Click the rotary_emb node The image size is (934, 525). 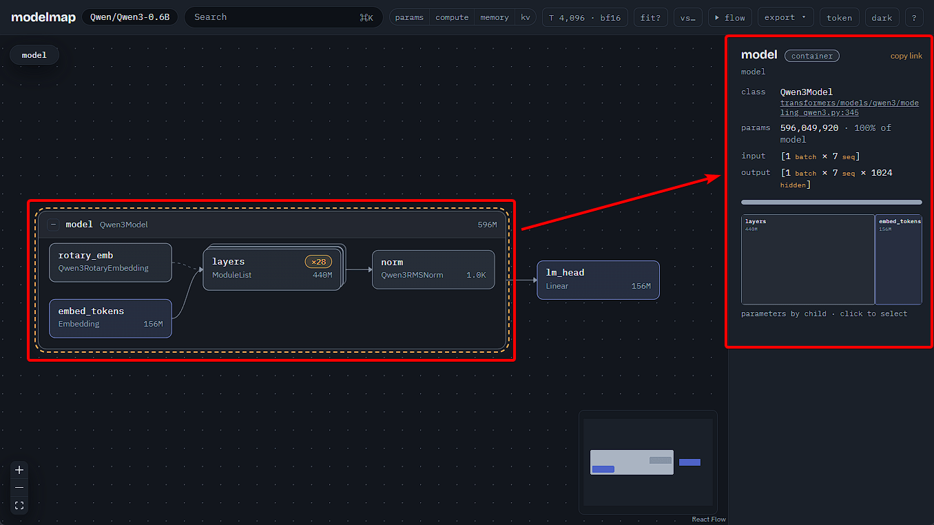(x=110, y=262)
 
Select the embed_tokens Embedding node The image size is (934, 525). (x=110, y=318)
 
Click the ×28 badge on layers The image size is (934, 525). (x=318, y=262)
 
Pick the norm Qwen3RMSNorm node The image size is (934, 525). (x=433, y=269)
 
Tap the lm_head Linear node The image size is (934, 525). (x=598, y=280)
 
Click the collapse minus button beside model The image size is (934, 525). (x=53, y=225)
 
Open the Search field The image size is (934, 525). (x=284, y=17)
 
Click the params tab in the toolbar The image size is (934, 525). (x=409, y=17)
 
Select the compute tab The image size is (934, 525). (x=452, y=17)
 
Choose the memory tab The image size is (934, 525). (x=495, y=17)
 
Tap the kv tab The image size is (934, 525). (x=526, y=17)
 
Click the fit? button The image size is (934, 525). (x=650, y=17)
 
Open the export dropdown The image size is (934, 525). (x=785, y=17)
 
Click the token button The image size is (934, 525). (x=839, y=17)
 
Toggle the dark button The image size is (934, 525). (x=882, y=17)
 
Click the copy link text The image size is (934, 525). (x=906, y=56)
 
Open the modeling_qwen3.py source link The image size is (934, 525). (x=849, y=107)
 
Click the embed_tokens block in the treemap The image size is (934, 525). (x=899, y=259)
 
